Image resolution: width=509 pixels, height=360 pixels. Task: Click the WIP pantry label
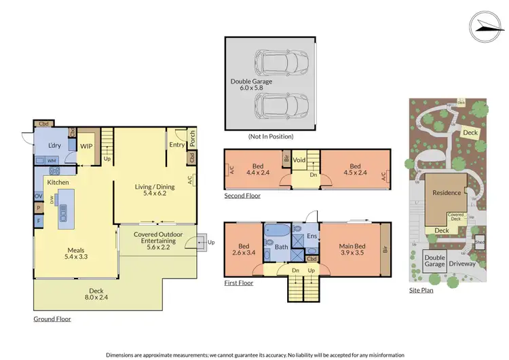[86, 145]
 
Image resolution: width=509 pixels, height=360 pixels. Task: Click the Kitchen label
[58, 183]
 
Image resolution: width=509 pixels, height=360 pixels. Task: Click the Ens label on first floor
[312, 236]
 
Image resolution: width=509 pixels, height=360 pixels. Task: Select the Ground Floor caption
[52, 319]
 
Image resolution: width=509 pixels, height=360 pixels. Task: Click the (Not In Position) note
[271, 136]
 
